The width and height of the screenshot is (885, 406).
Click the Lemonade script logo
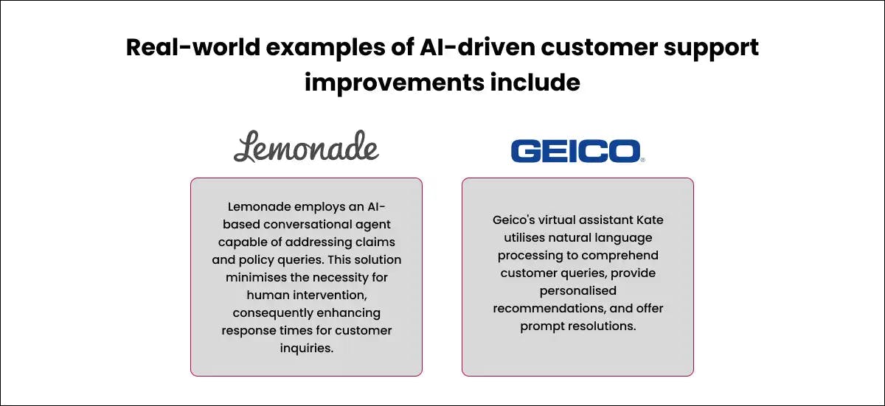(306, 146)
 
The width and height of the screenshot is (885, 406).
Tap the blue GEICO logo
(577, 151)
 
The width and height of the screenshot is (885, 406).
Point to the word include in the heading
(535, 83)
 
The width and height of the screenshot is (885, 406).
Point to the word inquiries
(306, 348)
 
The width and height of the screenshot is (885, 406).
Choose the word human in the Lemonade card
(268, 295)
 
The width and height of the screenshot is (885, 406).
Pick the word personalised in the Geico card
(577, 290)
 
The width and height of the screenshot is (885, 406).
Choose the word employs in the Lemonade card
(307, 206)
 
